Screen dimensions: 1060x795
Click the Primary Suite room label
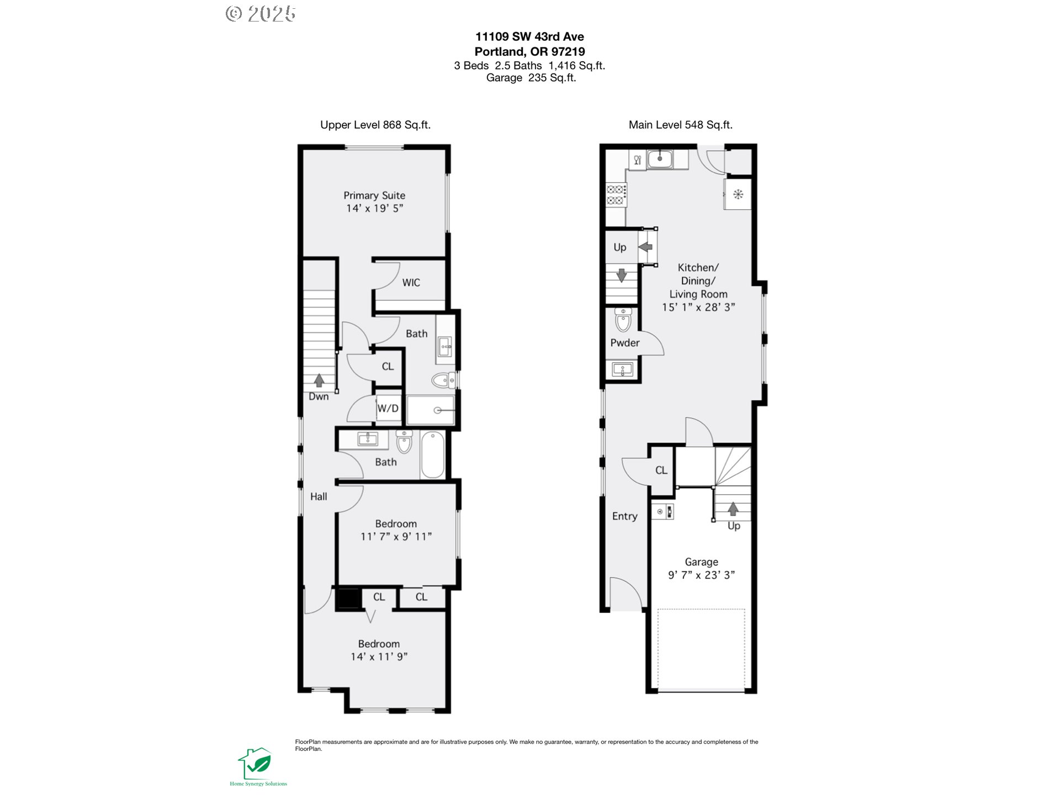tap(374, 195)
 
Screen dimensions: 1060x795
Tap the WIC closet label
tap(411, 283)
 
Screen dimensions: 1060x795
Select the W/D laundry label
tap(388, 409)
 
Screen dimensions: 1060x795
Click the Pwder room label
tap(625, 343)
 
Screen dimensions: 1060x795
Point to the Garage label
tap(702, 562)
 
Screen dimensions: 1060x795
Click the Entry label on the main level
tap(625, 516)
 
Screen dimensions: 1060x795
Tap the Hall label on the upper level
tap(319, 497)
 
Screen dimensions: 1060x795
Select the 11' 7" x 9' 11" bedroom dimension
tap(396, 537)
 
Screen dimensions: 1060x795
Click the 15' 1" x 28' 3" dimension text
tap(698, 308)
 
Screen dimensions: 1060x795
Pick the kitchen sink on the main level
tap(660, 159)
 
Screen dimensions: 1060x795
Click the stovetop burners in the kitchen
tap(616, 195)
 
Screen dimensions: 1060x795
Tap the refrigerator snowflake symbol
tap(738, 194)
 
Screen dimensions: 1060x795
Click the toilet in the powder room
tap(623, 320)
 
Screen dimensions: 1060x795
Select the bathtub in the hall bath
tap(433, 455)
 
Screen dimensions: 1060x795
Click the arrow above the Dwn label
tap(319, 380)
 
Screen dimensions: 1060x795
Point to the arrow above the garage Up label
tap(733, 508)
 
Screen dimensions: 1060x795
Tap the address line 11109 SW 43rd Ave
tap(530, 37)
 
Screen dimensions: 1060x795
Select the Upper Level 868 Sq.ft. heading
tap(375, 125)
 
